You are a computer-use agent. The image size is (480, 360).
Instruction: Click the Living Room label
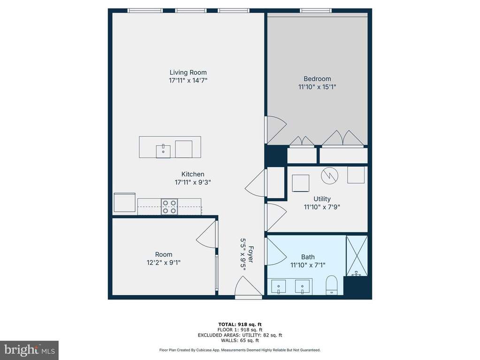(x=188, y=73)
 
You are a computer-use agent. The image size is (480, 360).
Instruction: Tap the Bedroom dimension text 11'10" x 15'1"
(x=317, y=87)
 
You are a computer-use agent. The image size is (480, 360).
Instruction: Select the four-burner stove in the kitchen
(x=169, y=207)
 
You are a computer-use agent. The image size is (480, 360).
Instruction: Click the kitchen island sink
(x=163, y=151)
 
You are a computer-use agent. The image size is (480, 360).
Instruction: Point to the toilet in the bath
(x=332, y=285)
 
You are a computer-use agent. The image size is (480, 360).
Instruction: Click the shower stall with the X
(x=357, y=256)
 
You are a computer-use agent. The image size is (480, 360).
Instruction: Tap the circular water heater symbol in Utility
(x=330, y=176)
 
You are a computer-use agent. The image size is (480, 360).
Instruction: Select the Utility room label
(x=322, y=199)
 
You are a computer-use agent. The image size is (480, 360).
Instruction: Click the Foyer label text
(x=251, y=254)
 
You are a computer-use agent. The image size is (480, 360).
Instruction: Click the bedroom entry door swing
(x=275, y=130)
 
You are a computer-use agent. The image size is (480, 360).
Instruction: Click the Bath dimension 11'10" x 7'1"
(x=308, y=265)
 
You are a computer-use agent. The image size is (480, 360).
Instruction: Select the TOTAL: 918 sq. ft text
(x=240, y=324)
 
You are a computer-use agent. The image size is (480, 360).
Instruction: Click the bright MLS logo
(x=29, y=350)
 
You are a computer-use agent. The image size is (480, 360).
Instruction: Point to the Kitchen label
(x=193, y=174)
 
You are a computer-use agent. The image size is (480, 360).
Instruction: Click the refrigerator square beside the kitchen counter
(x=125, y=202)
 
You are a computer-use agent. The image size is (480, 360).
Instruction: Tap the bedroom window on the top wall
(x=316, y=11)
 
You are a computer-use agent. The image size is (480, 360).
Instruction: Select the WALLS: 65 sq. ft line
(x=240, y=340)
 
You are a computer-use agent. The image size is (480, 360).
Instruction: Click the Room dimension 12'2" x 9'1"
(x=163, y=263)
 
